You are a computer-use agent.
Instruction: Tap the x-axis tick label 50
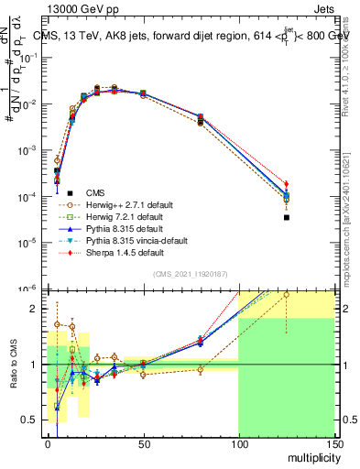[143, 443]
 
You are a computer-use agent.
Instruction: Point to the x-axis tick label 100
[238, 443]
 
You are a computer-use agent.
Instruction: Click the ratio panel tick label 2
[37, 309]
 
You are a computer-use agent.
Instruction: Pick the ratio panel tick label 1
[37, 365]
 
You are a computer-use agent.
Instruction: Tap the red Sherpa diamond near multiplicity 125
[286, 184]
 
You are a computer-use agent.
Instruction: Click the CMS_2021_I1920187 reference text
[190, 274]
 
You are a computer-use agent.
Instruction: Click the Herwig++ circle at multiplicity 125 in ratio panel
[286, 295]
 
